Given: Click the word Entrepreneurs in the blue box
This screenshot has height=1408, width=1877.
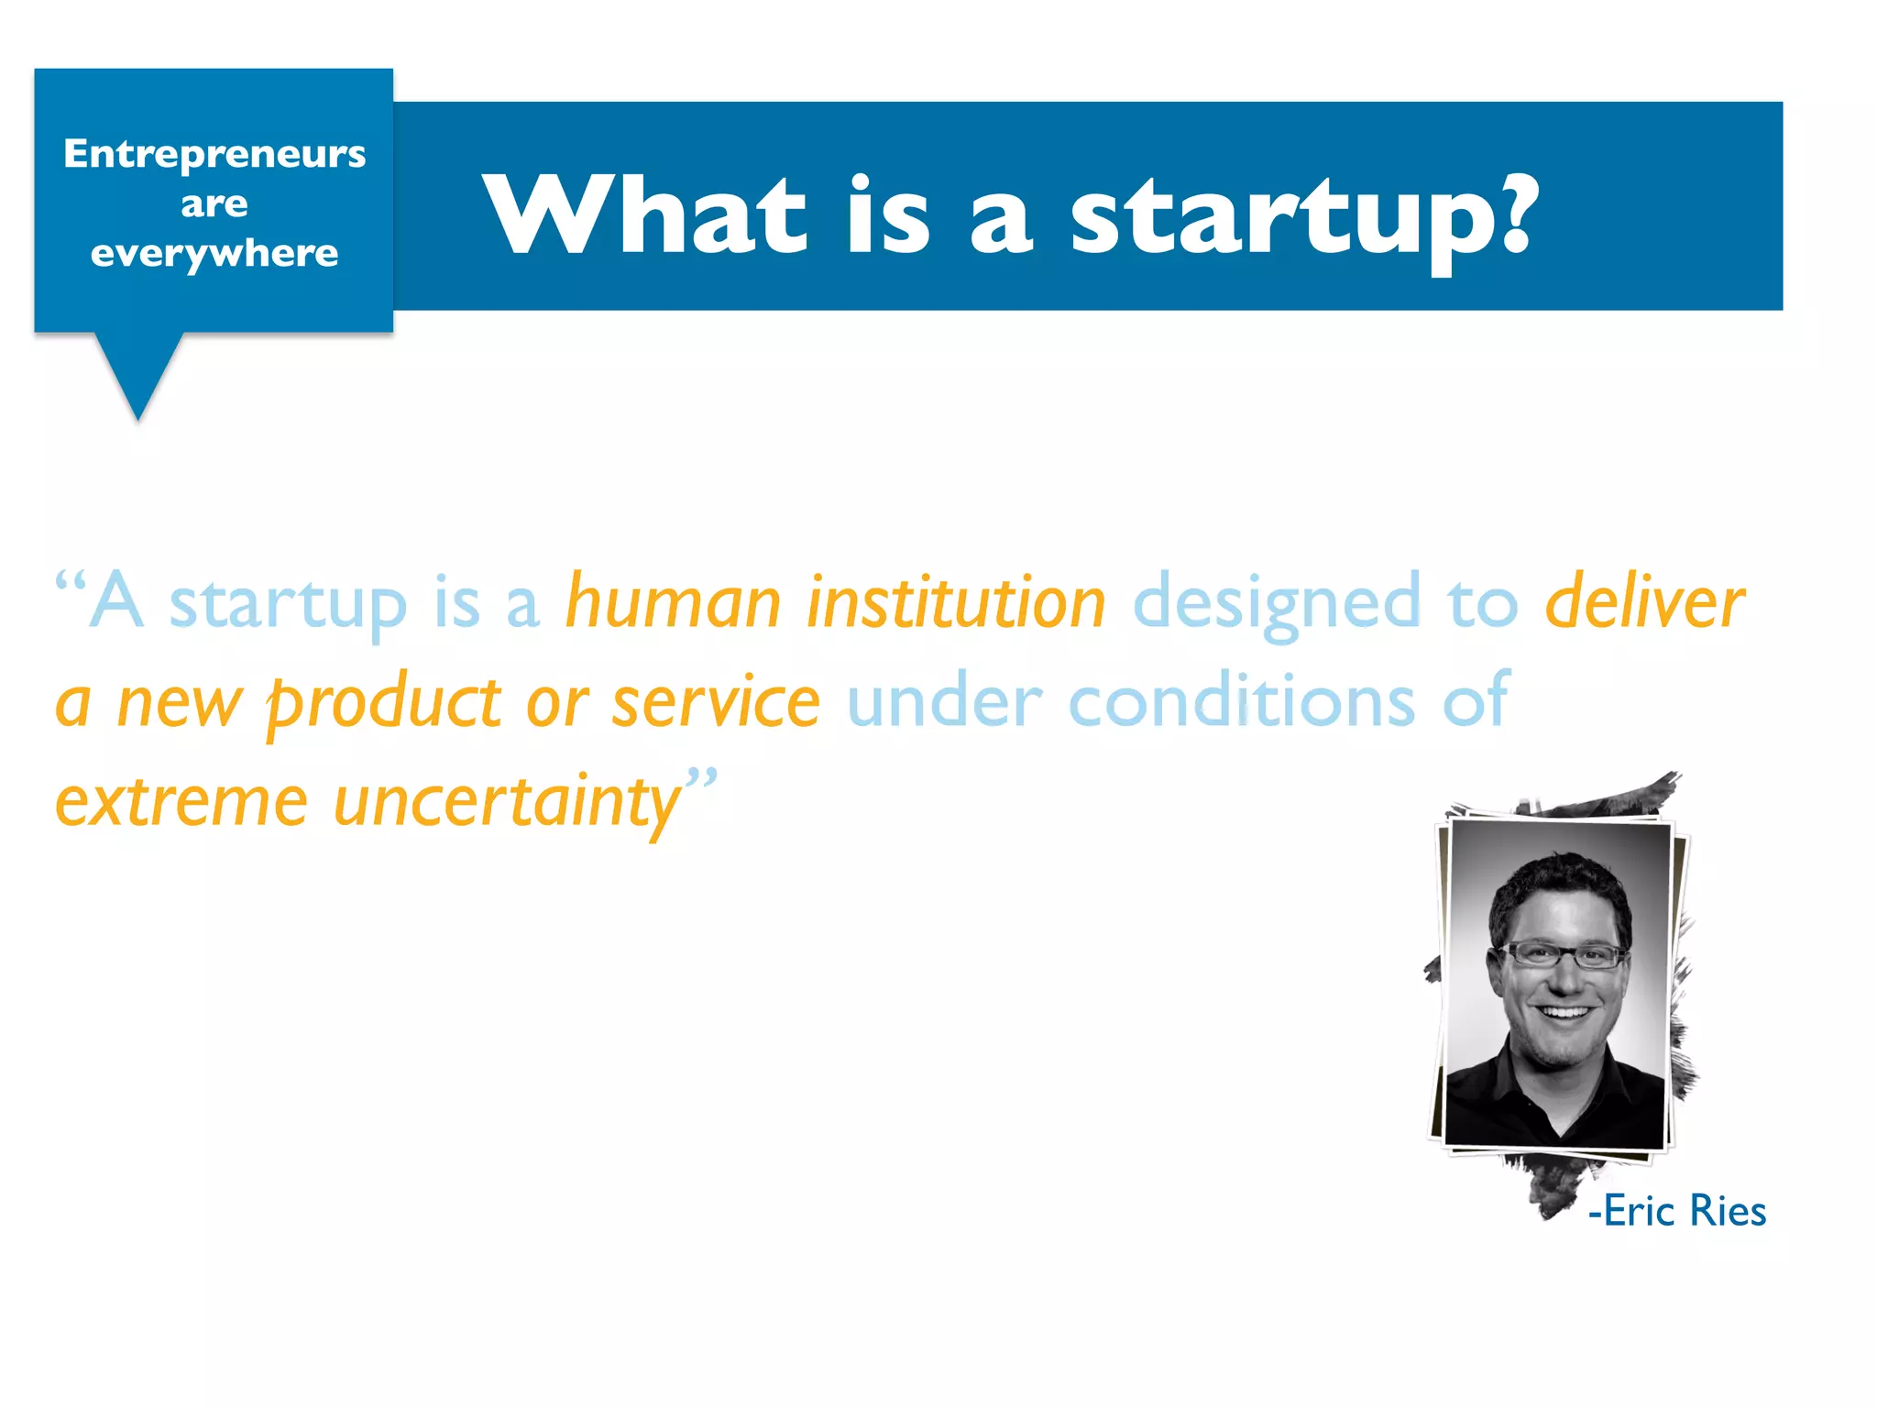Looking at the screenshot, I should point(214,153).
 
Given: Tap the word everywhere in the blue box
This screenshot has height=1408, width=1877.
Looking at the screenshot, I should point(214,253).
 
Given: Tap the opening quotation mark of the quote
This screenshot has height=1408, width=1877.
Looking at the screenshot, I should point(70,582).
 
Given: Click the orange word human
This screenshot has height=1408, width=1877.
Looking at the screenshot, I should point(673,602).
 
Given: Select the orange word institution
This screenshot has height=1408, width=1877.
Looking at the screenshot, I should point(956,602).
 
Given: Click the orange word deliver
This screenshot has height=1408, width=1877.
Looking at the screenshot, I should point(1644,602).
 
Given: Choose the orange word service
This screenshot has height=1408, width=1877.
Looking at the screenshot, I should point(716,702).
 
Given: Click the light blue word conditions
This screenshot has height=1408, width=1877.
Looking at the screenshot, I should point(1242,702).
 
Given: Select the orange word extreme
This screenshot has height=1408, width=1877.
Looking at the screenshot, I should point(181,802).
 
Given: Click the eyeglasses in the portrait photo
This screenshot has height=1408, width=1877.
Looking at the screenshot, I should point(1564,955).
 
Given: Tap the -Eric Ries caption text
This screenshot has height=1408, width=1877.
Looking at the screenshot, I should point(1676,1211).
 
